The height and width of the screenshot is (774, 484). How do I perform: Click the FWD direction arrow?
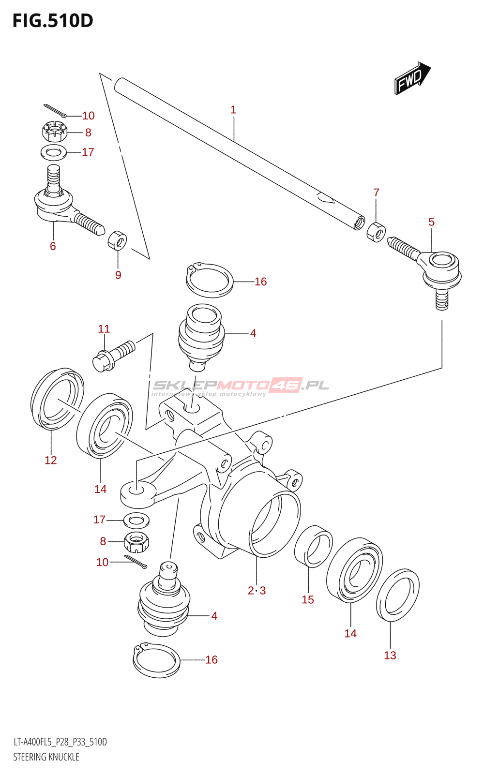pos(412,78)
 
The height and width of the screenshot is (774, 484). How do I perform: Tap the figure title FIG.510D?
pos(53,21)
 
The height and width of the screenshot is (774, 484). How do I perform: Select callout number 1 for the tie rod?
pos(233,110)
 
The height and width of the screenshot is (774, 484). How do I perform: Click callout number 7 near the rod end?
pos(377,193)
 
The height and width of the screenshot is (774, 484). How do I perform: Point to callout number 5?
pos(431,222)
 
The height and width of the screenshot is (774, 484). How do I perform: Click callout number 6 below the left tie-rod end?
pos(53,246)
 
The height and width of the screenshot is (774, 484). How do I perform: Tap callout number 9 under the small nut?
pos(118,275)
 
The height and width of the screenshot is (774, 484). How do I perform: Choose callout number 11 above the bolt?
pos(104,328)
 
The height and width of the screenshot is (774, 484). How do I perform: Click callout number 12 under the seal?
pos(50,460)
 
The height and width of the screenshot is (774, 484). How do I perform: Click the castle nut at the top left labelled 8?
pos(54,131)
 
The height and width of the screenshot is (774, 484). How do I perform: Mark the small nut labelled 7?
pos(376,233)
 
